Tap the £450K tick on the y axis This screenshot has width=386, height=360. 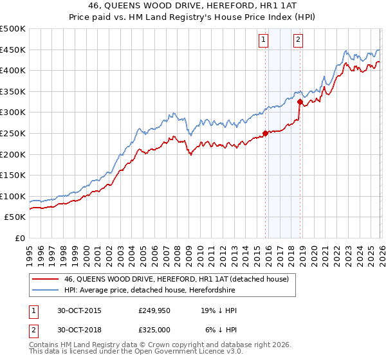tap(13, 50)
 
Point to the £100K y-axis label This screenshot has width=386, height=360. tap(13, 196)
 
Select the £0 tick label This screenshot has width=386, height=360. tap(19, 238)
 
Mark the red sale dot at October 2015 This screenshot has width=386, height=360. tap(265, 134)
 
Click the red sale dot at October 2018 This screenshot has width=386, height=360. tap(300, 101)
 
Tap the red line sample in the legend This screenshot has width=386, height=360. tap(45, 279)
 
